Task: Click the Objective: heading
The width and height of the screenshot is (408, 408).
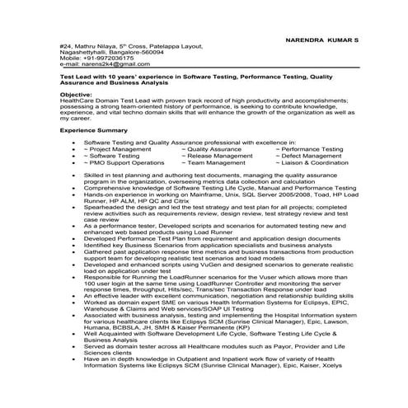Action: (x=75, y=94)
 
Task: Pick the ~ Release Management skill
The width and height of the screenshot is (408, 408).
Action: (x=220, y=156)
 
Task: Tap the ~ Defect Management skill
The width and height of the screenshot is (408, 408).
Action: (x=308, y=156)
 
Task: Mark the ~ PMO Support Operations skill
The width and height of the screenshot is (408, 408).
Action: (x=124, y=162)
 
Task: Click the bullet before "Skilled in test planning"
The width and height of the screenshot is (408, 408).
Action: (x=73, y=176)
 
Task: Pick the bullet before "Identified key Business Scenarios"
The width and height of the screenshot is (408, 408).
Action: (x=73, y=246)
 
